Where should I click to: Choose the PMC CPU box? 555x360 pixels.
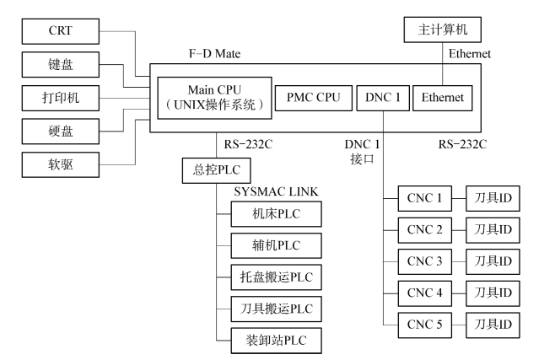point(313,98)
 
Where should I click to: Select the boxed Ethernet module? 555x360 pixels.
point(443,98)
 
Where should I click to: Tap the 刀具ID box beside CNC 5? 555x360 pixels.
point(487,325)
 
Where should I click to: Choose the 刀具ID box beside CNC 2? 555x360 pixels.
point(487,231)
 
